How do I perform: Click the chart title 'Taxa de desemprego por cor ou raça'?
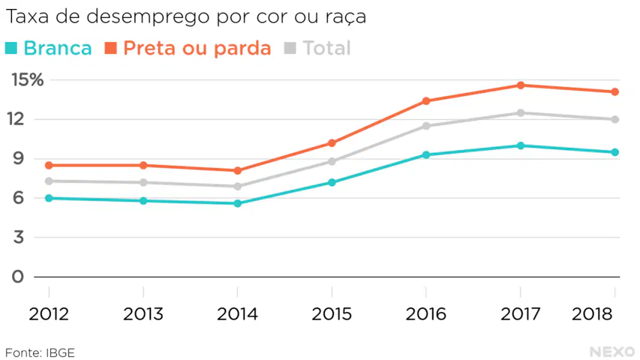pyautogui.click(x=186, y=17)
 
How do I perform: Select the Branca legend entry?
pyautogui.click(x=49, y=48)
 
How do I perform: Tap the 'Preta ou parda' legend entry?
pyautogui.click(x=188, y=48)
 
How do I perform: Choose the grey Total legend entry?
pyautogui.click(x=317, y=48)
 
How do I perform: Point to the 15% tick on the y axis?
pyautogui.click(x=28, y=79)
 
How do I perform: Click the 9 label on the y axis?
pyautogui.click(x=19, y=159)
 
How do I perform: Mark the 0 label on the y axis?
pyautogui.click(x=17, y=276)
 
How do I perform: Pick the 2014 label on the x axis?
pyautogui.click(x=237, y=314)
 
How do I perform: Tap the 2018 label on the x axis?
pyautogui.click(x=592, y=314)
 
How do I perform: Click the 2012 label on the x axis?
pyautogui.click(x=49, y=314)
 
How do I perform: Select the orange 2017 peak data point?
pyautogui.click(x=520, y=85)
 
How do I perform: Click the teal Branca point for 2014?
pyautogui.click(x=237, y=203)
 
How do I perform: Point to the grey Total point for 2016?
pyautogui.click(x=426, y=126)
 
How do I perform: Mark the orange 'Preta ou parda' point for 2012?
pyautogui.click(x=49, y=165)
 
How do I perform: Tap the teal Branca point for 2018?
pyautogui.click(x=615, y=152)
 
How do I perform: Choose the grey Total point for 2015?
pyautogui.click(x=332, y=161)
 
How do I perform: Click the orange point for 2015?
pyautogui.click(x=332, y=143)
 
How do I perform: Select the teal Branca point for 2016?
pyautogui.click(x=426, y=154)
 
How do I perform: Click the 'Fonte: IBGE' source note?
pyautogui.click(x=40, y=353)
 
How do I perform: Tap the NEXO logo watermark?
pyautogui.click(x=612, y=352)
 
